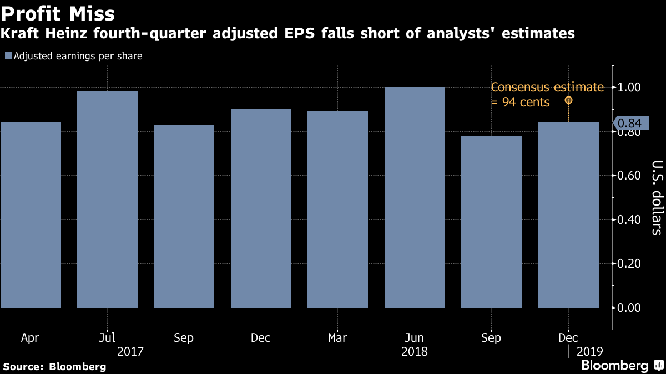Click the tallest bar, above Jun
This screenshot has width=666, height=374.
(x=415, y=197)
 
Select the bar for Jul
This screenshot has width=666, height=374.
(x=107, y=199)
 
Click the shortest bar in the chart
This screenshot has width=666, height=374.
(x=491, y=222)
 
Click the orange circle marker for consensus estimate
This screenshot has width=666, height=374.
(x=568, y=100)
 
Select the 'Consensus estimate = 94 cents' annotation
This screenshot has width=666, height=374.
(x=547, y=94)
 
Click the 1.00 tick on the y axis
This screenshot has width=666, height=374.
(x=629, y=87)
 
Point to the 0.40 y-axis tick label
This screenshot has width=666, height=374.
(x=629, y=219)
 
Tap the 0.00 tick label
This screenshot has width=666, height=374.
(x=629, y=308)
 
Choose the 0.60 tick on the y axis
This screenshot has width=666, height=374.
(x=629, y=176)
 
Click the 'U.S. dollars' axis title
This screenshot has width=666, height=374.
(x=657, y=198)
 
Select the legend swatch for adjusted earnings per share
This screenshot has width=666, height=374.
(x=8, y=56)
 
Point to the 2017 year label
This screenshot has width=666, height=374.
(x=130, y=351)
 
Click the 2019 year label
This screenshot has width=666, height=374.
(x=589, y=351)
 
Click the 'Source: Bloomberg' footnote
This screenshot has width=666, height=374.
(x=54, y=366)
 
